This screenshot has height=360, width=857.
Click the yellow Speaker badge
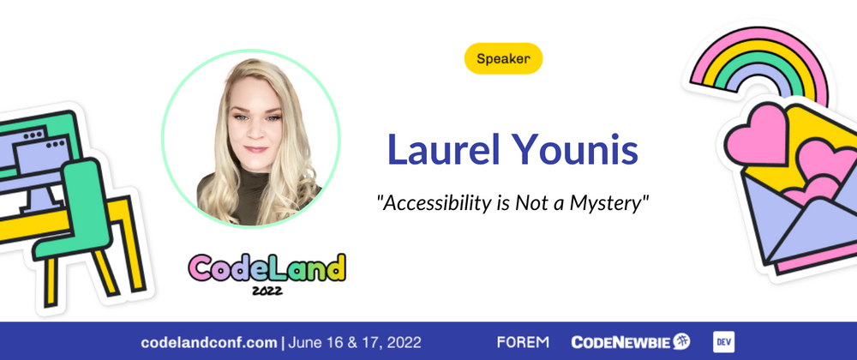coord(503,58)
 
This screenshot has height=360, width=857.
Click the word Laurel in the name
coord(443,148)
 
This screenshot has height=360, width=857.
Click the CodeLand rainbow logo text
coord(267,267)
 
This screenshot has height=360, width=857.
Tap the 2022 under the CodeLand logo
coord(267,290)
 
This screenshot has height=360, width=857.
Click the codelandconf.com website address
coord(209,343)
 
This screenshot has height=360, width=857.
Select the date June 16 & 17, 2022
coord(355,343)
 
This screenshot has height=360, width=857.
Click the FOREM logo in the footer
coord(523,343)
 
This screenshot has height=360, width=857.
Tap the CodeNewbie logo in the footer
coord(630,342)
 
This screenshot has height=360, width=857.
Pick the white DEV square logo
coord(723,342)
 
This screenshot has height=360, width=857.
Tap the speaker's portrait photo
coord(251,139)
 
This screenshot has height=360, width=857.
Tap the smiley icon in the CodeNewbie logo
coord(681,341)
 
